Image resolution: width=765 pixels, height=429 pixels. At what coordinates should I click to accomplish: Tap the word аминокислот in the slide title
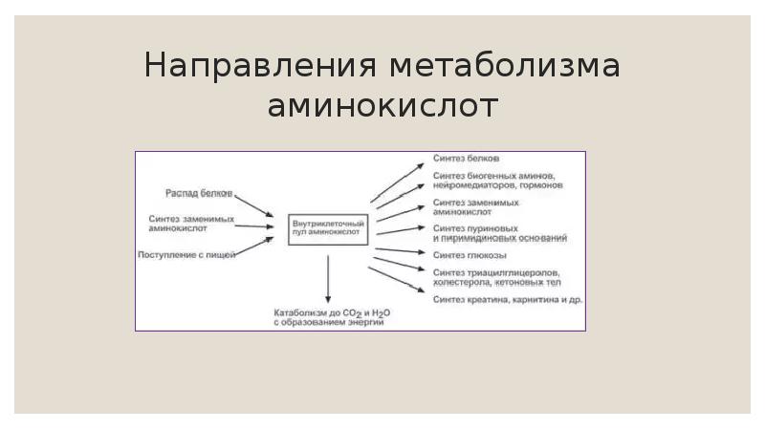[x=382, y=106]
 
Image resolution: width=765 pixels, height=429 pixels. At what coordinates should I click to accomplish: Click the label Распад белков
[x=199, y=193]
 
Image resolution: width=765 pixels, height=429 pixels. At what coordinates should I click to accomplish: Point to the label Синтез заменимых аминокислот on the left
[x=192, y=224]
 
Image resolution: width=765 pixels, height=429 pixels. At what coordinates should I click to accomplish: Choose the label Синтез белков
[x=466, y=158]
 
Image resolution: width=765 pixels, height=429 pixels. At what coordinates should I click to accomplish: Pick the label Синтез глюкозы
[x=470, y=256]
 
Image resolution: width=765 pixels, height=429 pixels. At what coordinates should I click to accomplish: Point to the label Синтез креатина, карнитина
[x=507, y=300]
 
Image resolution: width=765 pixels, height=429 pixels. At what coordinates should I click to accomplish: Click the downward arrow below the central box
[x=328, y=279]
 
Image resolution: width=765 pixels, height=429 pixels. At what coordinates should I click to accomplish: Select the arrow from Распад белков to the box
[x=254, y=204]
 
